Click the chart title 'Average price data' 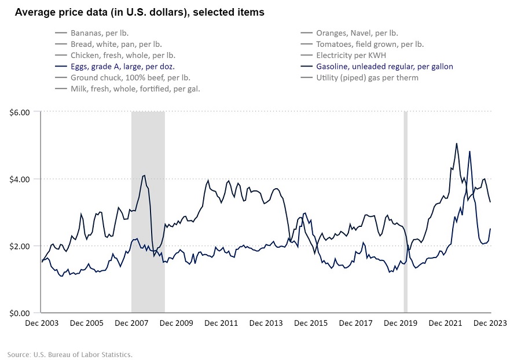[x=139, y=12]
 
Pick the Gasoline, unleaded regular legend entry [x=384, y=67]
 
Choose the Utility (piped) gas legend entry [x=367, y=78]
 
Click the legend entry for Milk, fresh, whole [x=135, y=89]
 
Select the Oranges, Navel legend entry [x=357, y=34]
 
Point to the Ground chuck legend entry [x=130, y=78]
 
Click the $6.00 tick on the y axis [x=20, y=111]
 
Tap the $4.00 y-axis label [x=20, y=179]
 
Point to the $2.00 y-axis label [x=20, y=246]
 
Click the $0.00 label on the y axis [x=20, y=313]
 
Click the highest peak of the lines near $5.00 [x=456, y=144]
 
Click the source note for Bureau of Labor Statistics [x=70, y=354]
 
